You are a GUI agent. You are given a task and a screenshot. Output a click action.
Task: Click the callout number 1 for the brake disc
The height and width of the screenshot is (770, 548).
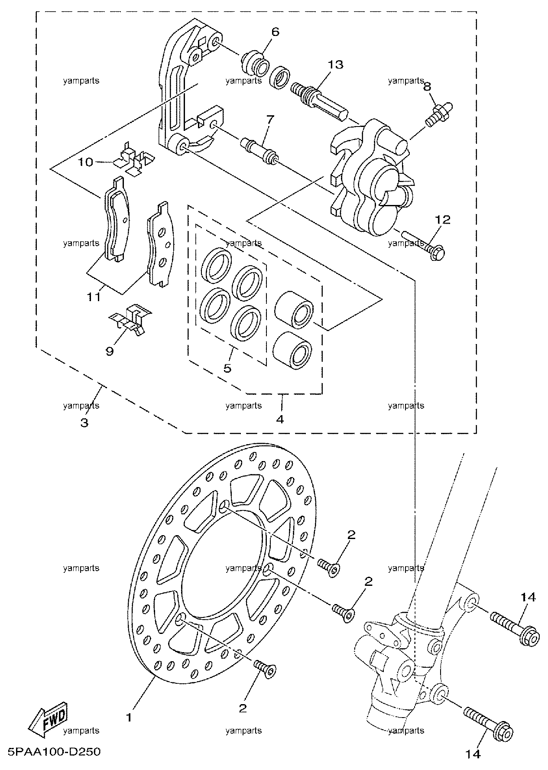(x=129, y=717)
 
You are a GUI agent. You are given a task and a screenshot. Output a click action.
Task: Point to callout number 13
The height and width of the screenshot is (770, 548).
(x=335, y=65)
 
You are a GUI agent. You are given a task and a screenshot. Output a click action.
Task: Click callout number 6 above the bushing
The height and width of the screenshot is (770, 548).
(x=276, y=32)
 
